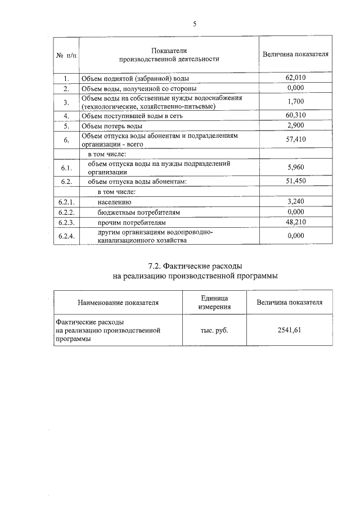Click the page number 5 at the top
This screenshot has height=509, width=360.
click(195, 24)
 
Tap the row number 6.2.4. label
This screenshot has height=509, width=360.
click(66, 236)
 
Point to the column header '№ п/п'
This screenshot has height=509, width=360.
click(66, 55)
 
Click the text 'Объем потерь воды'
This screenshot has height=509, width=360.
click(111, 125)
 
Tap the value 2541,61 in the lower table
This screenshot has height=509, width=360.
click(289, 330)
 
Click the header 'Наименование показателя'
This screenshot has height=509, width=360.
click(118, 303)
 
